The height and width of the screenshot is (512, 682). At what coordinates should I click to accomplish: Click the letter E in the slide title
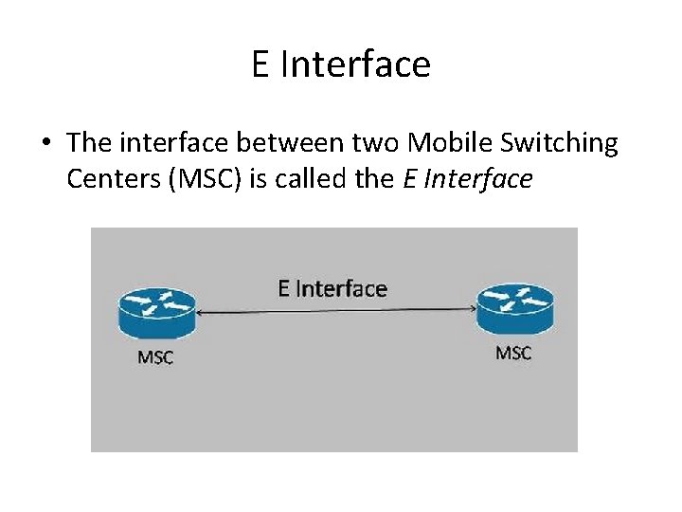(x=261, y=64)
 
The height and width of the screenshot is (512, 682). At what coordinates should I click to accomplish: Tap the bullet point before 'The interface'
(x=45, y=144)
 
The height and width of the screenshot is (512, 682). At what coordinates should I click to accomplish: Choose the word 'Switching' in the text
(x=561, y=144)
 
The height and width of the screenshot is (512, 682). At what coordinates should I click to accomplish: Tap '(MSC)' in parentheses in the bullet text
(x=206, y=178)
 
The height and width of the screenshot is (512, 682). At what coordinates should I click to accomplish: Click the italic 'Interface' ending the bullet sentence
(x=479, y=178)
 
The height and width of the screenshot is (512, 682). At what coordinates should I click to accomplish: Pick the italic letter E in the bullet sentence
(x=409, y=178)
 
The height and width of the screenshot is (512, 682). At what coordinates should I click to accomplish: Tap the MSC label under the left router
(x=156, y=357)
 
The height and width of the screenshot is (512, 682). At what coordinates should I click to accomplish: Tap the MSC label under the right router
(x=513, y=353)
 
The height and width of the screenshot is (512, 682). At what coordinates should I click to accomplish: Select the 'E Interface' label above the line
(x=332, y=287)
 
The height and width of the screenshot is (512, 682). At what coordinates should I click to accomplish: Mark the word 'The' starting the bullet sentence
(x=90, y=143)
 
